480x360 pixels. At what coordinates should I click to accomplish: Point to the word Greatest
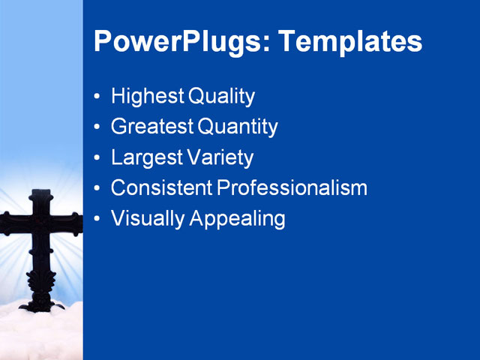tap(152, 127)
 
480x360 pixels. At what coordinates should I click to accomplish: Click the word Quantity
tap(238, 127)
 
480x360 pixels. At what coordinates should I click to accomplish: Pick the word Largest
tap(146, 158)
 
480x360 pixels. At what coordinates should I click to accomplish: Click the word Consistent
tap(161, 187)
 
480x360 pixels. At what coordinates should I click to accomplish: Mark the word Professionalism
tap(292, 187)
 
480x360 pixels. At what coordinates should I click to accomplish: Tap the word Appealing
tap(238, 219)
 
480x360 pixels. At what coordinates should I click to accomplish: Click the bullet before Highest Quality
tap(97, 97)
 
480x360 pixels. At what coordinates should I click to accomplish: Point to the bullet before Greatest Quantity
tap(97, 127)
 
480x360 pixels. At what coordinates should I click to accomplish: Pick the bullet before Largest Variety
tap(97, 158)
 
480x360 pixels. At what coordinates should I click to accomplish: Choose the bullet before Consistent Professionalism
tap(97, 188)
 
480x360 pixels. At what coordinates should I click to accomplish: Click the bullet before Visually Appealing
tap(97, 219)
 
